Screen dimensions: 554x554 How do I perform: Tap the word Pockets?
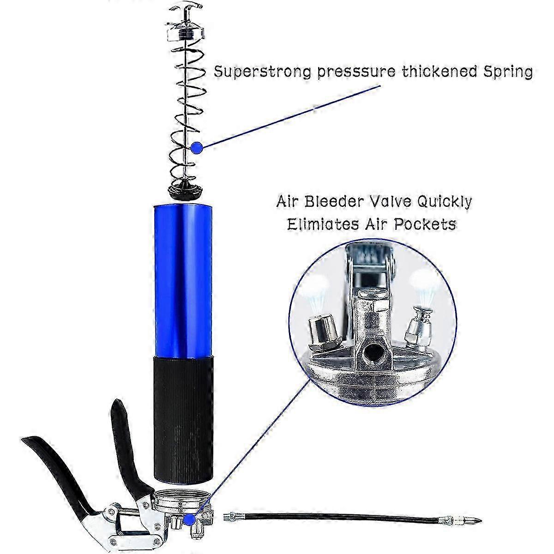pos(425,224)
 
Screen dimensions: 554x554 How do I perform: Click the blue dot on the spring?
pos(197,148)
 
